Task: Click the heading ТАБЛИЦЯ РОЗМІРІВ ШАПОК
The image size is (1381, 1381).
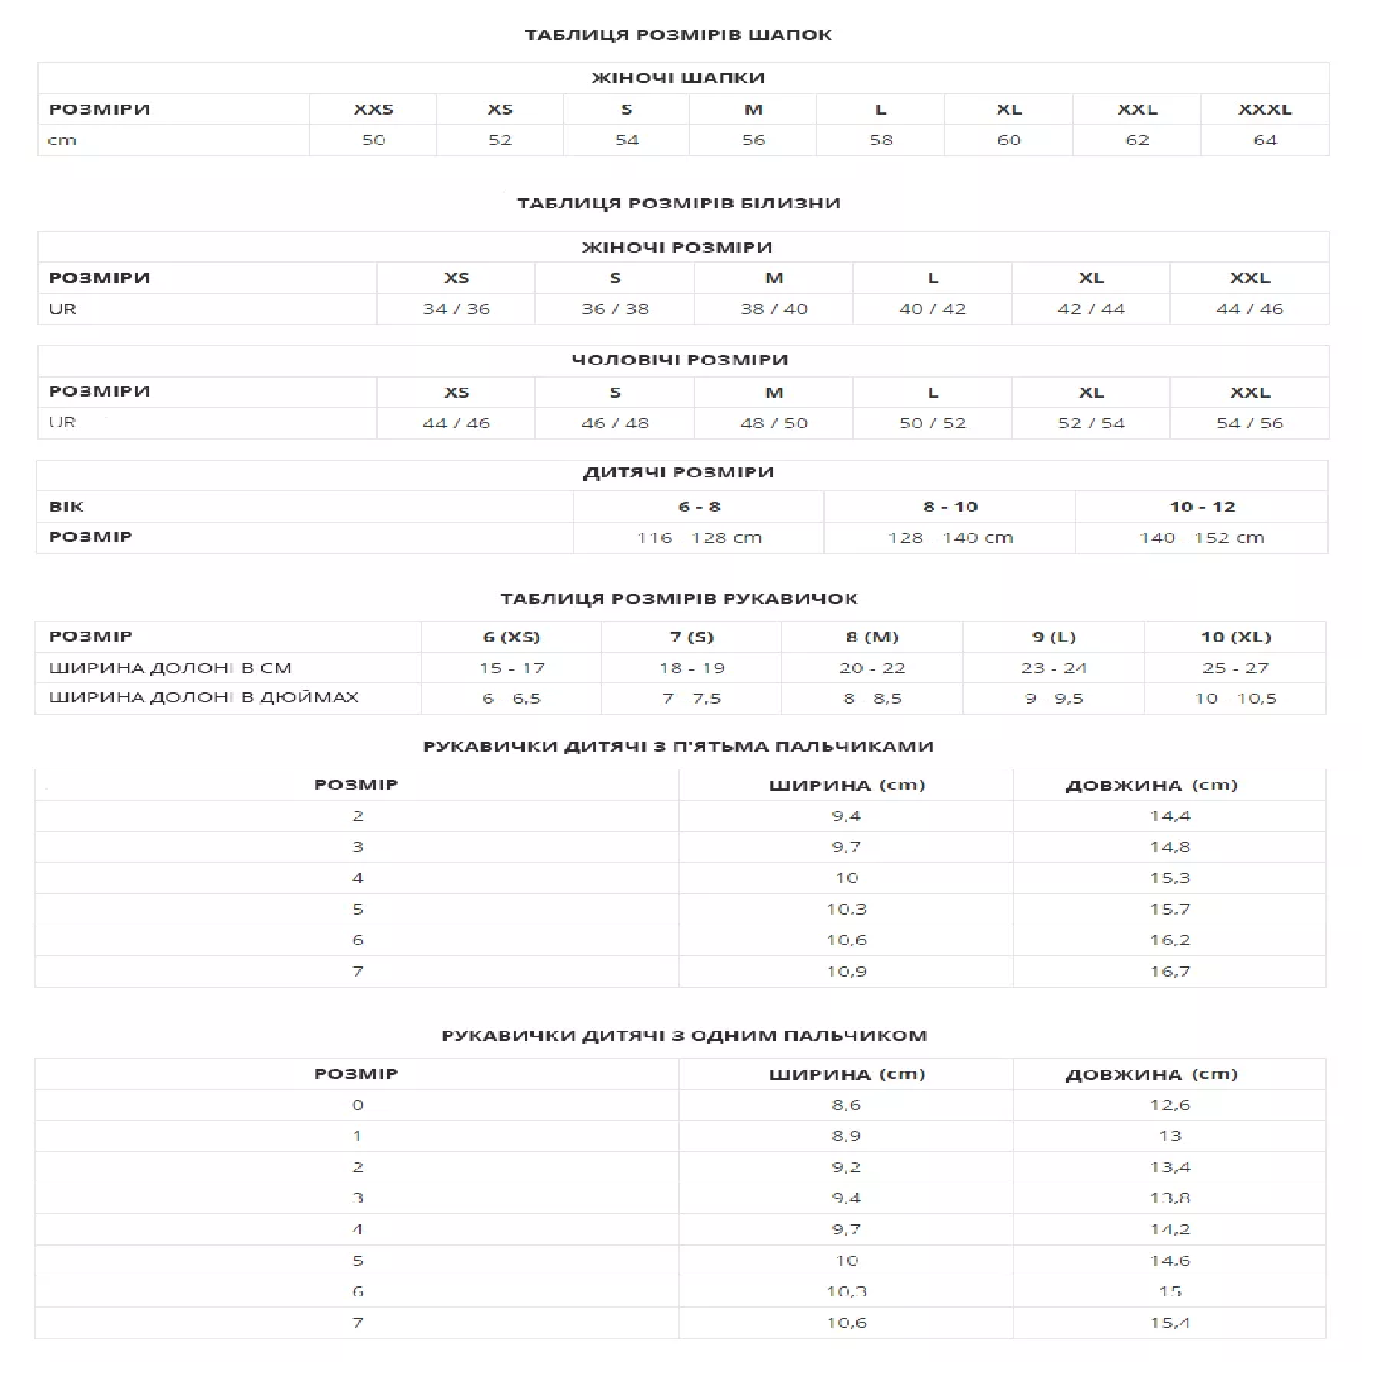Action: tap(678, 35)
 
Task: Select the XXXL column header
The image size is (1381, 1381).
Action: tap(1264, 110)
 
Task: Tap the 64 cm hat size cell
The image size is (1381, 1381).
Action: tap(1264, 140)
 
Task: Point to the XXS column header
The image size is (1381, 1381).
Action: tap(373, 110)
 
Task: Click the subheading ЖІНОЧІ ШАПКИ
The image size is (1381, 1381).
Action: tap(678, 78)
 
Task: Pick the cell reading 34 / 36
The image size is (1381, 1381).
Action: tap(456, 309)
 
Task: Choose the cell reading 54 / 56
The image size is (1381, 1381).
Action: tap(1249, 423)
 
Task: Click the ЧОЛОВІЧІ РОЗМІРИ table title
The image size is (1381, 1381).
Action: tap(679, 360)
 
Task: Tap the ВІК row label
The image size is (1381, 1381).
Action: tap(66, 507)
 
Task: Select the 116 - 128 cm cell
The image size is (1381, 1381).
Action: tap(699, 538)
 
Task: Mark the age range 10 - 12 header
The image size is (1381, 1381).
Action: tap(1202, 507)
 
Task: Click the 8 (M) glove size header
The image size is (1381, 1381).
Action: tap(872, 637)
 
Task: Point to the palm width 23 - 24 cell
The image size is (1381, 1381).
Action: tap(1053, 668)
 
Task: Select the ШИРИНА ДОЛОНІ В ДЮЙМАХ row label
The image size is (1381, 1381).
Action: tap(203, 697)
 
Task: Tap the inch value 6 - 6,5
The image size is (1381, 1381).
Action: tap(511, 699)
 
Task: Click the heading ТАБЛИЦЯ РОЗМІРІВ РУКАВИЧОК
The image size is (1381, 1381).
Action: tap(679, 599)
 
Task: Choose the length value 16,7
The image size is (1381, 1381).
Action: tap(1169, 971)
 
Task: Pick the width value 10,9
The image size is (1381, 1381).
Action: tap(846, 971)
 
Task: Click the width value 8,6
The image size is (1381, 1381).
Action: tap(846, 1105)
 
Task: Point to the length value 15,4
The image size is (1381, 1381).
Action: tap(1169, 1323)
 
